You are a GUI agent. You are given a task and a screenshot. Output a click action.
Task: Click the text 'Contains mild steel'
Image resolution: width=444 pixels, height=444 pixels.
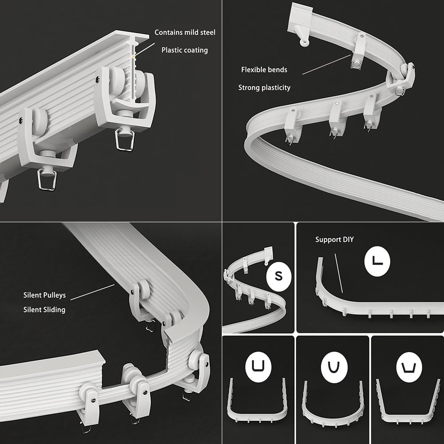[x=185, y=32]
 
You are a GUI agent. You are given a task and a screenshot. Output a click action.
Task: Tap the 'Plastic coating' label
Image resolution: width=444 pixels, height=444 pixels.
[x=185, y=50]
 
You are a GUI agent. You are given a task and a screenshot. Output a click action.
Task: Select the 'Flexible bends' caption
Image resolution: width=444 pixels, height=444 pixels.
[x=264, y=70]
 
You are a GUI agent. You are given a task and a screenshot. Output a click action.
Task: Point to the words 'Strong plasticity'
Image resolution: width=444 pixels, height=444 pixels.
[x=264, y=87]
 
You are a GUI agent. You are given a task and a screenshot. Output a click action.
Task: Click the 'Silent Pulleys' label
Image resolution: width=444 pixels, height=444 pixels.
[x=44, y=295]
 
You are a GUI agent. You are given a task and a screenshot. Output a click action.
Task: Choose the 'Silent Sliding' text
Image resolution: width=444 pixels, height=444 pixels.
[x=44, y=310]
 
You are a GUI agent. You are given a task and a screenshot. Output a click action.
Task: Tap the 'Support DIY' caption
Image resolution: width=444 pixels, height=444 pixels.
[x=334, y=240]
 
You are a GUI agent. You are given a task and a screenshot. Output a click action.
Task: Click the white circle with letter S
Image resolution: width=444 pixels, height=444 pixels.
[x=279, y=276]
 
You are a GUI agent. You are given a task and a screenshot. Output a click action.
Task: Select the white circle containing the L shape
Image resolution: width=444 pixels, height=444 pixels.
[x=377, y=261]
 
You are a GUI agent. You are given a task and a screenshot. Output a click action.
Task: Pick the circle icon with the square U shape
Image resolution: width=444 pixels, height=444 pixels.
[x=258, y=367]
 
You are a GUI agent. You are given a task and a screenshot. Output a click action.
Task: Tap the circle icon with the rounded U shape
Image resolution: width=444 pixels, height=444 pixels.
[x=334, y=367]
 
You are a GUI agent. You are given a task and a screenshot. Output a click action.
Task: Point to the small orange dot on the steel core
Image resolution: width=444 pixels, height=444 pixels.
[x=134, y=57]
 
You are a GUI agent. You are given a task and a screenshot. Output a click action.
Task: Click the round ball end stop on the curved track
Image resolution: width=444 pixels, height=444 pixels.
[x=304, y=43]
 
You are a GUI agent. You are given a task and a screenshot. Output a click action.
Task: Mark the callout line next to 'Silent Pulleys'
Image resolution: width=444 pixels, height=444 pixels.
[x=93, y=292]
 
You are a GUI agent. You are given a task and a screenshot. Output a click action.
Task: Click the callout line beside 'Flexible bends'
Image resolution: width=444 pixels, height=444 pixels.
[x=326, y=64]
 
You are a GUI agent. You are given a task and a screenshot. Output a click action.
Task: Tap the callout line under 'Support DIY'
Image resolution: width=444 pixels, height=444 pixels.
[x=339, y=273]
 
